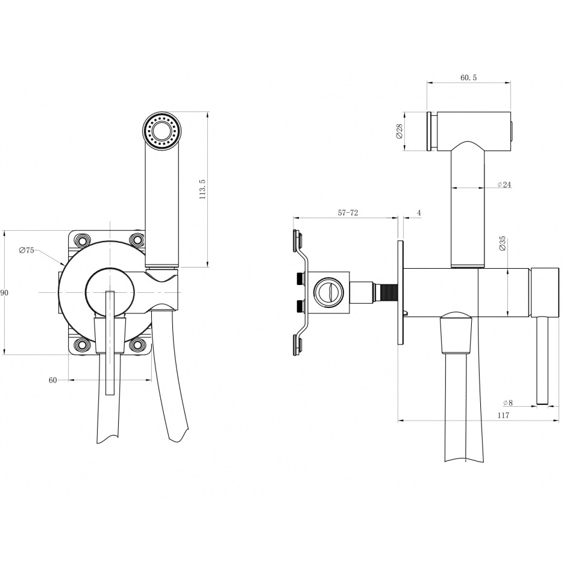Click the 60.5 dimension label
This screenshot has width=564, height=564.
tap(468, 77)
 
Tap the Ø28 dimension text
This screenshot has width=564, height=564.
tap(399, 131)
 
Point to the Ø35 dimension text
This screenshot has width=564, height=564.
tap(503, 243)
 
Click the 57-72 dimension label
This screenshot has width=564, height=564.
tap(348, 213)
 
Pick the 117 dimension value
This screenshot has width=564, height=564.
tap(503, 415)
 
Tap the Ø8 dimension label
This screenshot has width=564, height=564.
tap(508, 403)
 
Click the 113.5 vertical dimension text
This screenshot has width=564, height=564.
tap(202, 189)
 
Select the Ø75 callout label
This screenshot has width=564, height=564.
tap(27, 250)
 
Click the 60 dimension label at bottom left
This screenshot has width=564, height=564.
tap(53, 380)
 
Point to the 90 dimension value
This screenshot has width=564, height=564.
tap(4, 293)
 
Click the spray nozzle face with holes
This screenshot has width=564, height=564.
tap(161, 131)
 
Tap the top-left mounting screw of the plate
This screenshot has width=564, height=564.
tap(82, 239)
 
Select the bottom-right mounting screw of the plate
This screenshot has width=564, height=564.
tap(137, 345)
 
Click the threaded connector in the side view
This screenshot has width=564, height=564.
tap(389, 292)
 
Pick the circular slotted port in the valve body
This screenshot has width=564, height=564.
tap(328, 292)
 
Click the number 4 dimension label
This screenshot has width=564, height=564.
tap(419, 213)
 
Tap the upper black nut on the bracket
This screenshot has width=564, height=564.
tap(299, 278)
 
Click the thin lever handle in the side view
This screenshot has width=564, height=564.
tap(542, 361)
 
